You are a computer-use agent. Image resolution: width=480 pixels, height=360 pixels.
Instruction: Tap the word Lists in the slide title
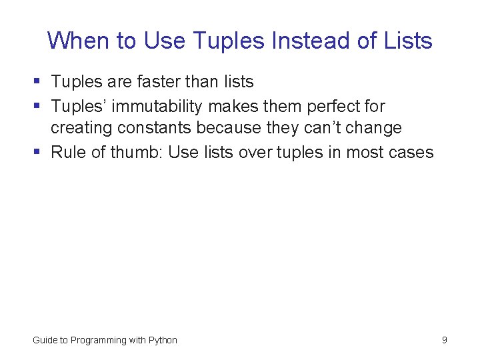408,41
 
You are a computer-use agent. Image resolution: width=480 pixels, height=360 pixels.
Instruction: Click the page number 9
444,340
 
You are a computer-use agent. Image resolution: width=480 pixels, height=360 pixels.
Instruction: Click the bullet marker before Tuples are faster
37,82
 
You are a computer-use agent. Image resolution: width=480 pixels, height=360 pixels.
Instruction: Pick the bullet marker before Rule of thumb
37,152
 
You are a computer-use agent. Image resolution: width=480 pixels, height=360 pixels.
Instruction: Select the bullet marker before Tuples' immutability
37,106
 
